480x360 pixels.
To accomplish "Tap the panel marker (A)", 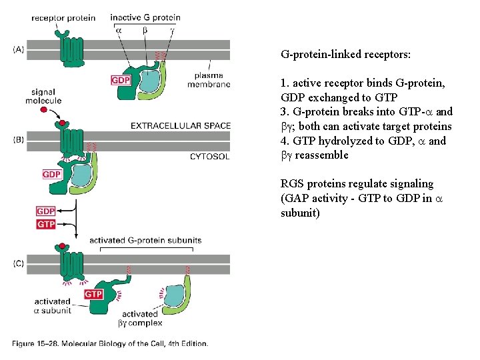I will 19,49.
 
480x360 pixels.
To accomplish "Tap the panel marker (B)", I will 19,139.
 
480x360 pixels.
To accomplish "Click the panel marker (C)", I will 19,263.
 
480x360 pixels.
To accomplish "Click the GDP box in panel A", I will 121,81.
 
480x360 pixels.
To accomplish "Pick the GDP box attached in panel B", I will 51,174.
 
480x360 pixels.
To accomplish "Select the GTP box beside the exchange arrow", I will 46,225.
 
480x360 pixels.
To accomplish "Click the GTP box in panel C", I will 93,294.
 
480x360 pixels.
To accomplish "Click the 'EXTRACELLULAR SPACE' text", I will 181,125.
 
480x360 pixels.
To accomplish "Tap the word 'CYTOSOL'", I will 209,157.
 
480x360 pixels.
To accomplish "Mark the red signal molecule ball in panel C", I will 62,247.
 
